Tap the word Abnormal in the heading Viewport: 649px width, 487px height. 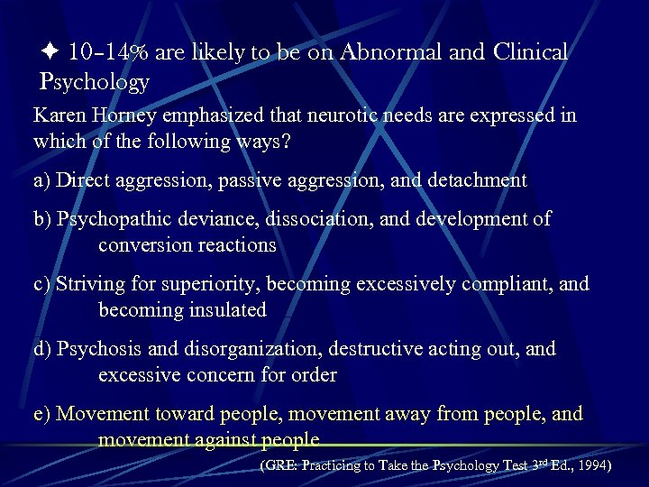(388, 52)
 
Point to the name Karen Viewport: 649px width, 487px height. (59, 115)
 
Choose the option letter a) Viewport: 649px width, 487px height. (41, 180)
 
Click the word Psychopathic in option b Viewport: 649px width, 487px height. (114, 219)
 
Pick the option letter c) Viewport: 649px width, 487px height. (41, 284)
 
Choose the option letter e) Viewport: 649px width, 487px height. (41, 414)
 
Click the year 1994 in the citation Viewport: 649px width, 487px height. (592, 466)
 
